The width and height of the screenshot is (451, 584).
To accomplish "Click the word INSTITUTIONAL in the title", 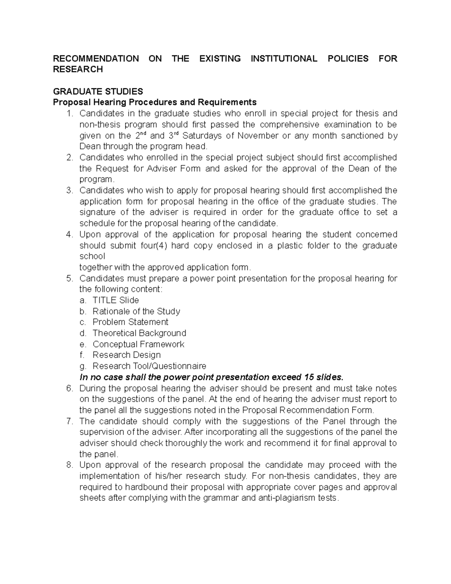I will (284, 59).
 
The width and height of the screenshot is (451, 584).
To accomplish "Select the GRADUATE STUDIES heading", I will (98, 91).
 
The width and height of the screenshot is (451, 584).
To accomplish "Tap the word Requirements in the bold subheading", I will (227, 102).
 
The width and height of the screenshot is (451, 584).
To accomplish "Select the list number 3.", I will (69, 191).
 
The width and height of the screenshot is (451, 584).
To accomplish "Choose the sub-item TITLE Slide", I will (115, 300).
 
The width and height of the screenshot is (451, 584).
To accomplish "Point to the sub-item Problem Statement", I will (130, 322).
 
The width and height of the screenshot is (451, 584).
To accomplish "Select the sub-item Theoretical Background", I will (139, 333).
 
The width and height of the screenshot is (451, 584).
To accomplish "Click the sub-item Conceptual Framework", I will (138, 344).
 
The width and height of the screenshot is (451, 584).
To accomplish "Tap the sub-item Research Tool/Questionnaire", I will (149, 366).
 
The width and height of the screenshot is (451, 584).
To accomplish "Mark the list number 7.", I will (69, 421).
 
